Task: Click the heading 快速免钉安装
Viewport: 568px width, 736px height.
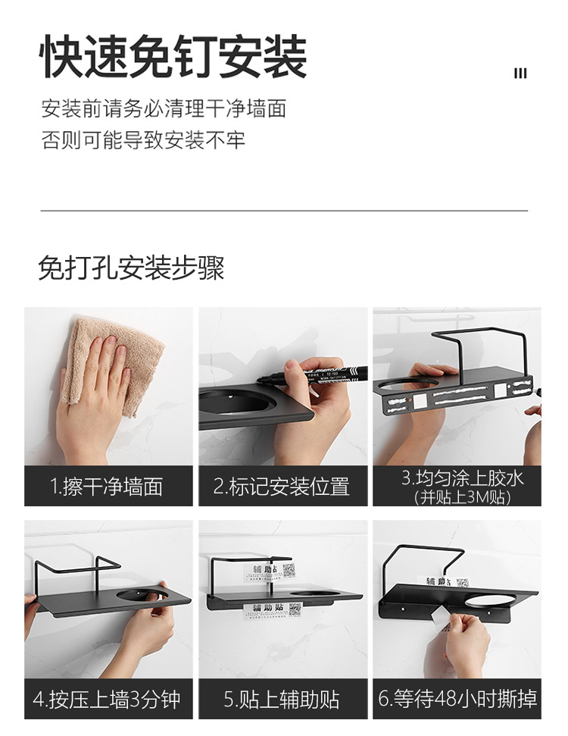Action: [x=173, y=57]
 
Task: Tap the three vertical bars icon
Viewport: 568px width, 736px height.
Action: [x=520, y=74]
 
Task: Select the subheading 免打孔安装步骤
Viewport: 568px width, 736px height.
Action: [x=131, y=268]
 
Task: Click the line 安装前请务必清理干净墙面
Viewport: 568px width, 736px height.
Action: [x=164, y=108]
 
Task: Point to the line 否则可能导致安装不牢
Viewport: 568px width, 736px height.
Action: [x=143, y=140]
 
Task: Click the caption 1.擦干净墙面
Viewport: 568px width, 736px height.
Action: [x=107, y=486]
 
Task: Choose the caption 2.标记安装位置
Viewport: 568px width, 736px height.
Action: [x=281, y=486]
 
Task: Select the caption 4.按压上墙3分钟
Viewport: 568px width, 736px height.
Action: [x=107, y=698]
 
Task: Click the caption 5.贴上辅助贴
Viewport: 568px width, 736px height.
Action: [x=281, y=698]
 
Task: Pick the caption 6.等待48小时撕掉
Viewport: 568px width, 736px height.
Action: [x=457, y=698]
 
